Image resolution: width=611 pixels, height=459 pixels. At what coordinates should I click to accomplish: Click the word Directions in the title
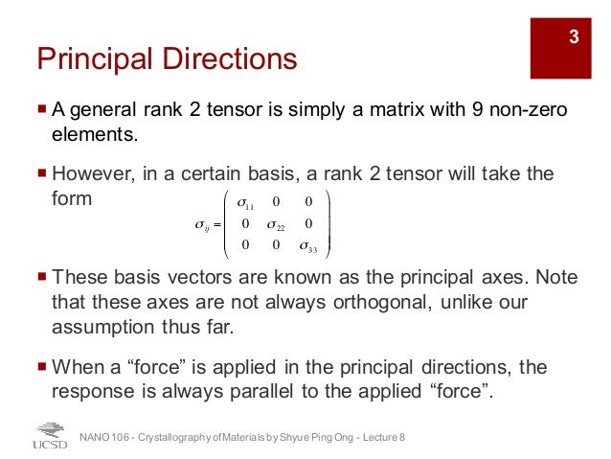coord(228,59)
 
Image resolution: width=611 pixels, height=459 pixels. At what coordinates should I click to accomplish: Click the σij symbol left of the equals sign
coord(202,226)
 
